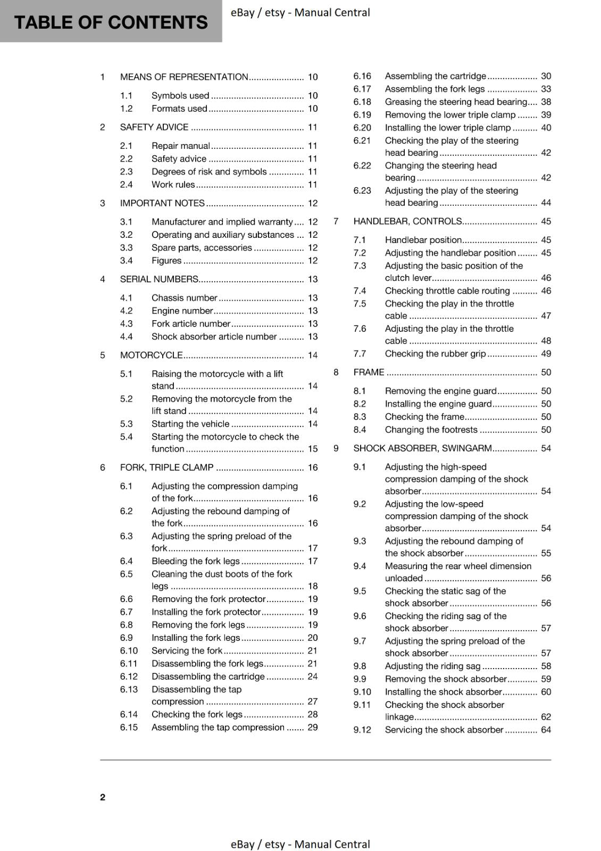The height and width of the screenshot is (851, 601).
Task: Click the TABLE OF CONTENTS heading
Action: [111, 22]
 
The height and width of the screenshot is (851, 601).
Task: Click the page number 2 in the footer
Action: [103, 797]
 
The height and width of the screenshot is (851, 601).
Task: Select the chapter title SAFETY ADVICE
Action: [154, 127]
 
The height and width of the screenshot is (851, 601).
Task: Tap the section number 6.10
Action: [129, 650]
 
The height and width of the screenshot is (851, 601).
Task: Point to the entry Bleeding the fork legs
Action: [195, 561]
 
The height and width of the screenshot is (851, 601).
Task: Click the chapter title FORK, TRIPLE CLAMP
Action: [166, 468]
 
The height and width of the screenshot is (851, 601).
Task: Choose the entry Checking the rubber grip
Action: [435, 354]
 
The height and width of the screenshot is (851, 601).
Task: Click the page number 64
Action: [546, 730]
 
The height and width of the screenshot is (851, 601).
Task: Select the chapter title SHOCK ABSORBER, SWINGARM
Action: [422, 448]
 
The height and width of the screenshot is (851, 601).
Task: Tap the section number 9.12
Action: [362, 730]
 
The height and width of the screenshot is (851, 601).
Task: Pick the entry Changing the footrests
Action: [431, 430]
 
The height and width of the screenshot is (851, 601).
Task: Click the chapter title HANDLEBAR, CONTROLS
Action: [407, 221]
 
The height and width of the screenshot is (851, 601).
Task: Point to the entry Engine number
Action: [182, 311]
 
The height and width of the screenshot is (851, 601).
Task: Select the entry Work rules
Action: [173, 185]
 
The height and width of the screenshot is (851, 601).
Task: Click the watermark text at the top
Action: [300, 12]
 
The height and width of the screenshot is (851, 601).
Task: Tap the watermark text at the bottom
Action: [300, 844]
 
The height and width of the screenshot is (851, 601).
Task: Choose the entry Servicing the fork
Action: [187, 650]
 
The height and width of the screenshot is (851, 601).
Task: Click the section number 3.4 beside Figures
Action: [126, 261]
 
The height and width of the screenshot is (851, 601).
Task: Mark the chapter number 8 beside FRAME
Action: [336, 372]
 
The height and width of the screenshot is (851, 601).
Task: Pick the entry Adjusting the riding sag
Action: [432, 666]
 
